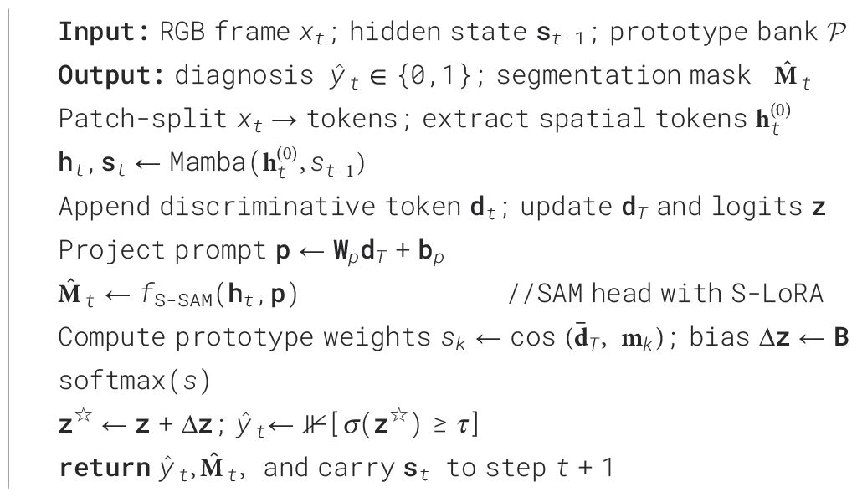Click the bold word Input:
tap(102, 33)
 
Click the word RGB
tap(181, 33)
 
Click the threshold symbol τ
tap(464, 424)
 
